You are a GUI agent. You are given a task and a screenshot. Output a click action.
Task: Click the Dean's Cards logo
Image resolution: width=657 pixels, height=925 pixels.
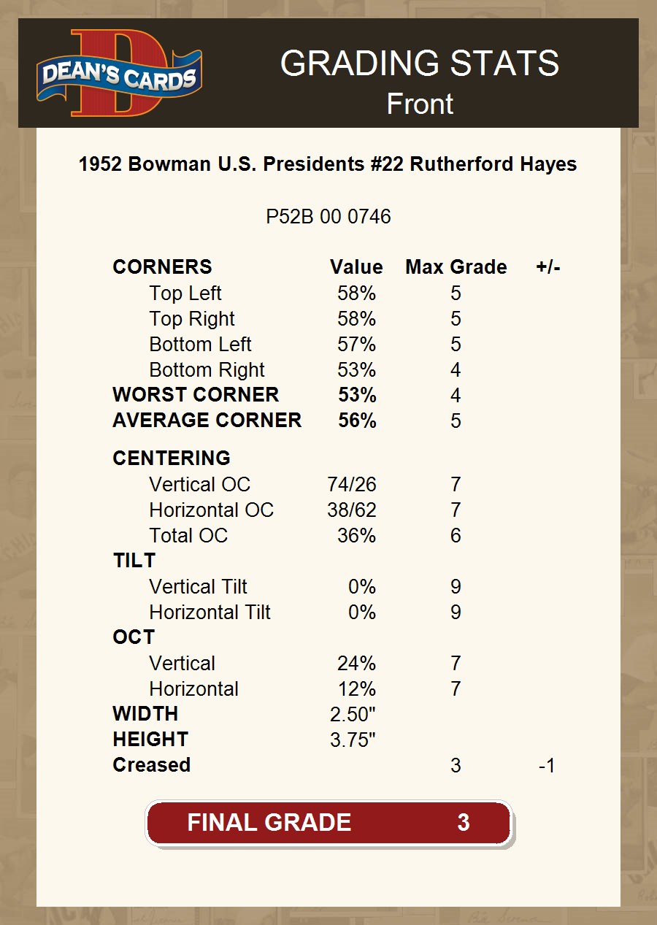click(120, 74)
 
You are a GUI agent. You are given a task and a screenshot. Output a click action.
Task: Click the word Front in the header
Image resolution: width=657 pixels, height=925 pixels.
click(420, 104)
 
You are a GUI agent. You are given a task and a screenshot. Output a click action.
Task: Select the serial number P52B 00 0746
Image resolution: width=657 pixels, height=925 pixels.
click(328, 217)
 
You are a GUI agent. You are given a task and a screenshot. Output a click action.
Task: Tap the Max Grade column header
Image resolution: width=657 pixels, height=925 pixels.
click(456, 267)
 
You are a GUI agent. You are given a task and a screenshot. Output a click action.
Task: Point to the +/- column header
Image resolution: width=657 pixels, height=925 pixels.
click(547, 267)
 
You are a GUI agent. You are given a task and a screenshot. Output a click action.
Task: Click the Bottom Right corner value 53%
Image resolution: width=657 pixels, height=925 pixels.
click(356, 369)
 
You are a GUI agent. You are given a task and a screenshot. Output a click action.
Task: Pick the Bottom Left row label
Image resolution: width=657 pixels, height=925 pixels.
click(200, 344)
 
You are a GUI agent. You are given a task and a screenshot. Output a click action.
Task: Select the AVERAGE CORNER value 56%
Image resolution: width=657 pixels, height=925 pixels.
click(357, 421)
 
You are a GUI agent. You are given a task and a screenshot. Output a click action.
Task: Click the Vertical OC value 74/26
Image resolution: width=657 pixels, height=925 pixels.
click(352, 484)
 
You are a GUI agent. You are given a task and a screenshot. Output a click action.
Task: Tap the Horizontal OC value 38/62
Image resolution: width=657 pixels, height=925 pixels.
click(352, 510)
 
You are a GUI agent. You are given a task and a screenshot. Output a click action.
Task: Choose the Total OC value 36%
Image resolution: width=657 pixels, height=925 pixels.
click(356, 535)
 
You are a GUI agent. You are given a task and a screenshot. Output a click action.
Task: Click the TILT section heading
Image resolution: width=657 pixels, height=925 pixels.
click(134, 561)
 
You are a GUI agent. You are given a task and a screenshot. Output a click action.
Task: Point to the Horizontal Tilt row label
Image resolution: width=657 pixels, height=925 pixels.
click(210, 612)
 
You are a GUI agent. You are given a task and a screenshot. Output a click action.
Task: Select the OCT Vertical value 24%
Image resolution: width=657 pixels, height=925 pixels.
click(356, 663)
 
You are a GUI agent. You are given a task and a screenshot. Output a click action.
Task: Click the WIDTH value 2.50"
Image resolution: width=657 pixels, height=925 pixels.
click(353, 714)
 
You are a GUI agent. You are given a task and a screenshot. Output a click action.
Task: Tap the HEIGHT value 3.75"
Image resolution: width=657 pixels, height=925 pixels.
click(353, 740)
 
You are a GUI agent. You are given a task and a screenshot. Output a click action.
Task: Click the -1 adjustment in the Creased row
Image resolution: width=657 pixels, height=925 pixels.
click(546, 765)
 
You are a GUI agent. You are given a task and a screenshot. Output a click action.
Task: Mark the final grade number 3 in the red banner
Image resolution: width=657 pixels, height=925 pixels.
click(463, 823)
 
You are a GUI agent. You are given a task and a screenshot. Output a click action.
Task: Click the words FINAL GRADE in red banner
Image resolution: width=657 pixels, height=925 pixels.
click(269, 823)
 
